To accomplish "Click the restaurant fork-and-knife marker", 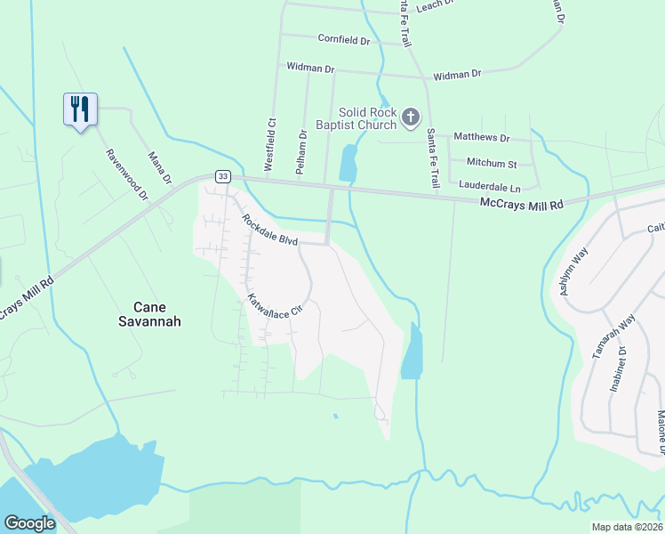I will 80,109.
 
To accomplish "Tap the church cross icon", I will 410,117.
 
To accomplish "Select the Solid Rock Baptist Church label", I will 367,118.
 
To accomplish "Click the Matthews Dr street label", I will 481,138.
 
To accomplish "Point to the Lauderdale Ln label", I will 489,186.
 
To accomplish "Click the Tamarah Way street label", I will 614,336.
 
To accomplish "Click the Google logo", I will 29,523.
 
